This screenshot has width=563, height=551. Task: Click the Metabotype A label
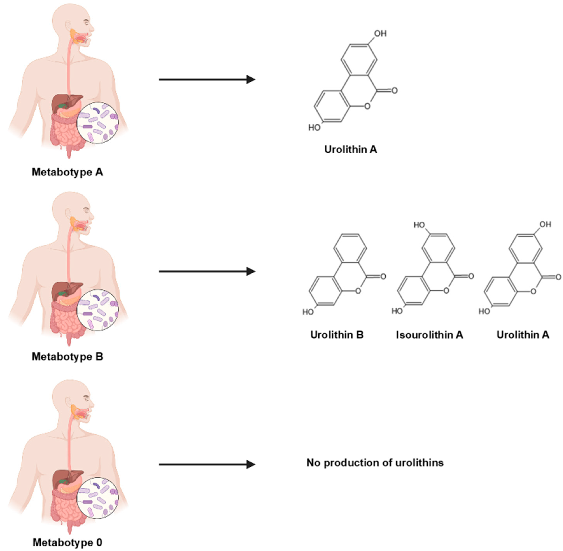[x=67, y=172]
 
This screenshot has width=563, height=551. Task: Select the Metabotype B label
[x=67, y=357]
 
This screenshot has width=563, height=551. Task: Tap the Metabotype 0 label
[x=67, y=542]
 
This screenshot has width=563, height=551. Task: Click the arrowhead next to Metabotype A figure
[x=251, y=79]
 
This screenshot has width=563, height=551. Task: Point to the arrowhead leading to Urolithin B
[x=251, y=271]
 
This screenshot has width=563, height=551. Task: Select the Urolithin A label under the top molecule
[x=350, y=149]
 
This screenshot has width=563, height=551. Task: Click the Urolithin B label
[x=337, y=335]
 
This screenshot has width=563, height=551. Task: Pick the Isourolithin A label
[x=429, y=335]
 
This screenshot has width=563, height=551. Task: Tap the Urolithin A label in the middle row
[x=523, y=335]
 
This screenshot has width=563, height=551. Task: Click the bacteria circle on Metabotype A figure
[x=98, y=123]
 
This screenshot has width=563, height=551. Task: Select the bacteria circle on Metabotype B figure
[x=98, y=310]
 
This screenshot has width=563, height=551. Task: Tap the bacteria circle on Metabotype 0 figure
[x=98, y=498]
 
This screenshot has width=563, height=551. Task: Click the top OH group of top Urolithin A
[x=380, y=34]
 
